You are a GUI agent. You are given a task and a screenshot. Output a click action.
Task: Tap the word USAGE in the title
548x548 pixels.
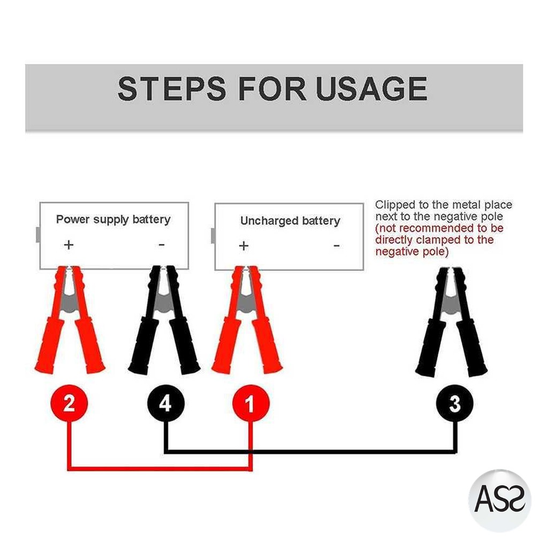pos(372,89)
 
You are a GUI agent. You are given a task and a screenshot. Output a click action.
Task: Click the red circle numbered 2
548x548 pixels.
pos(69,404)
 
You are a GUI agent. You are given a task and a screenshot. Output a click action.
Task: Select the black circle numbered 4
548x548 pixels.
pos(166,404)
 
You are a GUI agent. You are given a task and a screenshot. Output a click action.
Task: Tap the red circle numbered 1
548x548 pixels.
pos(250,404)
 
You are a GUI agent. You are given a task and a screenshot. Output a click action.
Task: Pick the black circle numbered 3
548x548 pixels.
pos(455,404)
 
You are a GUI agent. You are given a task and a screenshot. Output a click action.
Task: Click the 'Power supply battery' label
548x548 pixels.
pos(113,219)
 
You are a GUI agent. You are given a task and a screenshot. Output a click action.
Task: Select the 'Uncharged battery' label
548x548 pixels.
pos(290,221)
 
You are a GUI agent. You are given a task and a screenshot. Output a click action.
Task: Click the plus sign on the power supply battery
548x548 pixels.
pos(68,245)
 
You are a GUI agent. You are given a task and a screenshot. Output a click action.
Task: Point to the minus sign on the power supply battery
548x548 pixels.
pos(162,245)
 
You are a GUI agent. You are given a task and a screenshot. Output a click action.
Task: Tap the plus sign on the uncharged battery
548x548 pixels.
pos(243,246)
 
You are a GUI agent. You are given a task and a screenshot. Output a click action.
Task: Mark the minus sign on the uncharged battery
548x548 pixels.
pos(337,246)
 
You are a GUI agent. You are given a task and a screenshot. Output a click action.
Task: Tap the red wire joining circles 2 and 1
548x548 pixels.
pos(161,469)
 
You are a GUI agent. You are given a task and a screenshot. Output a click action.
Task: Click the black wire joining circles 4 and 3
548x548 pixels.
pos(310,451)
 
